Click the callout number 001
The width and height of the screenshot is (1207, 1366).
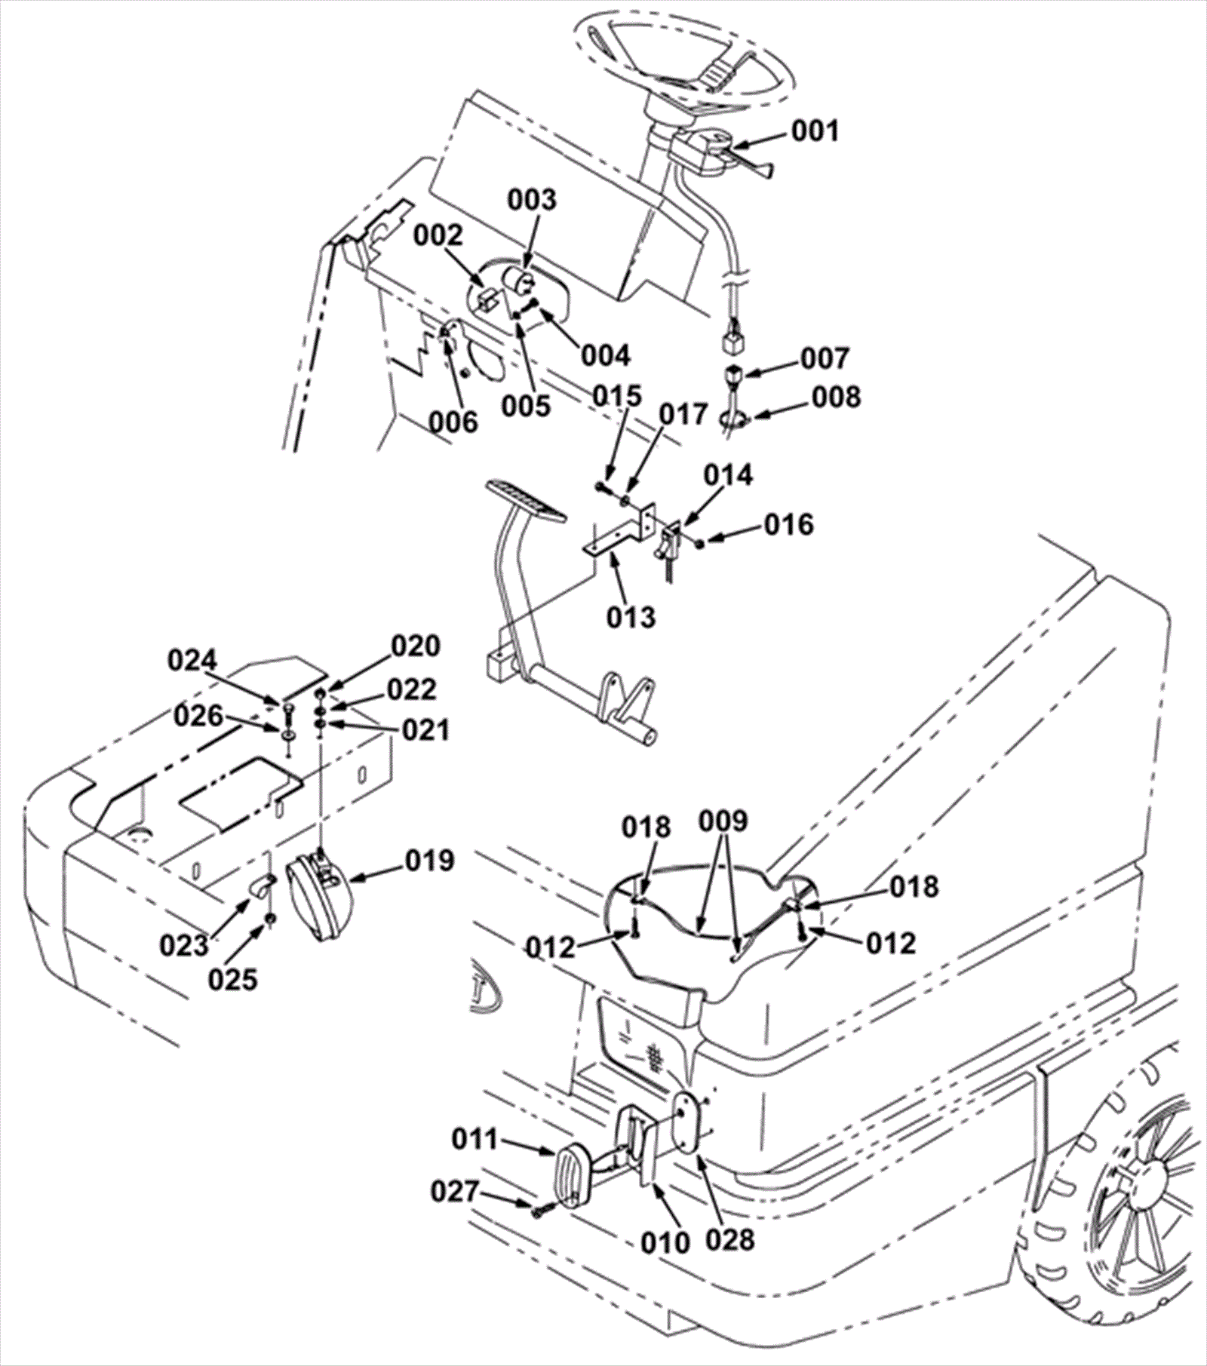point(815,131)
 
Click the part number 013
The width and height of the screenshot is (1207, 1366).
point(631,616)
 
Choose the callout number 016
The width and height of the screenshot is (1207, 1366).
point(789,524)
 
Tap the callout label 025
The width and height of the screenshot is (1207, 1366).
point(234,980)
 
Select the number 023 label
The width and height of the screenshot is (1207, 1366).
point(183,944)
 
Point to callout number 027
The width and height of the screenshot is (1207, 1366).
point(456,1192)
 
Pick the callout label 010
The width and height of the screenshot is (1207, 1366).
point(667,1242)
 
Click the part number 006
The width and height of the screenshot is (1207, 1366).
point(453,422)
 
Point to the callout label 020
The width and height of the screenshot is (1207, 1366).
point(416,646)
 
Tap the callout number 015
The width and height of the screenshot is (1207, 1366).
point(617,396)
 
